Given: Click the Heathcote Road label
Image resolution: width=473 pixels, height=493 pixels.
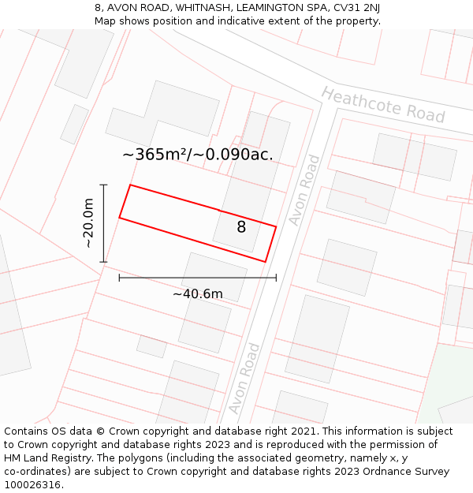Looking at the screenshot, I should point(383,105).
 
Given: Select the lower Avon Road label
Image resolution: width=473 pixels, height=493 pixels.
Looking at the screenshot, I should point(244,379).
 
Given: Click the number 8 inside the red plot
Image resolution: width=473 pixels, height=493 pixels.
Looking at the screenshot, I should point(241,227).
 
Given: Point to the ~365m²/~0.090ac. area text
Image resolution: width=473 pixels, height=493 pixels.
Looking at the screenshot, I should point(198,155).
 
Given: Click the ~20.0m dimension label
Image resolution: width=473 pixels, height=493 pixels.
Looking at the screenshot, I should point(89,223).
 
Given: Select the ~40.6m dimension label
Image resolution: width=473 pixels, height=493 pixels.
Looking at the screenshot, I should point(197,294).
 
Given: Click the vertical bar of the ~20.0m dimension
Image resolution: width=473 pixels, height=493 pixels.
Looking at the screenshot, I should point(104,223).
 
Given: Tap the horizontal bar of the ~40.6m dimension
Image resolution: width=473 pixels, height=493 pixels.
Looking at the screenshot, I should point(197,278).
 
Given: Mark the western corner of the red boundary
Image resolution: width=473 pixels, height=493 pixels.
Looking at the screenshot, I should point(120,217).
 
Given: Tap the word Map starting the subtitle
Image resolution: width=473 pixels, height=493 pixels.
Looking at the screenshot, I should point(106,21).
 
